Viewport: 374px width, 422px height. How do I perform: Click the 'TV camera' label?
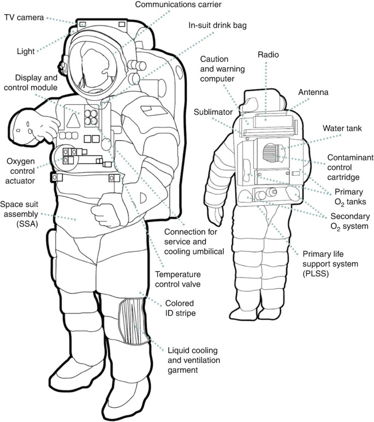(x=24, y=17)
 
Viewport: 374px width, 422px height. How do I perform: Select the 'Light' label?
(x=25, y=51)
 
